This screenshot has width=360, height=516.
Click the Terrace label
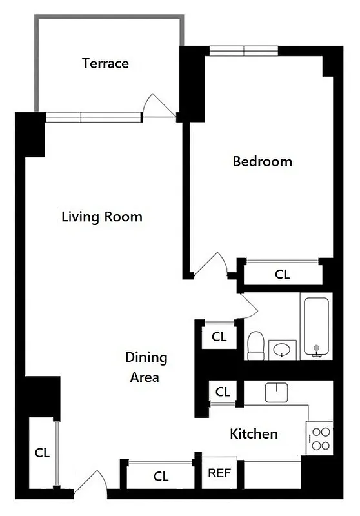point(105,63)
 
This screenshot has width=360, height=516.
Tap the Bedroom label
point(262,161)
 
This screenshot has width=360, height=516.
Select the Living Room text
point(101,217)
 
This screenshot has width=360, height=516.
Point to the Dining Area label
point(146,367)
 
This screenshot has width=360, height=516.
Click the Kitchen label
point(254,434)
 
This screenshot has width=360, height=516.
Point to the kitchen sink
point(275,392)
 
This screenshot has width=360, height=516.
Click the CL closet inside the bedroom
point(282,273)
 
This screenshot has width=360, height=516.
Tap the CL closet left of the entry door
point(42,452)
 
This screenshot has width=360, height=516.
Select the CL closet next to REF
point(161,477)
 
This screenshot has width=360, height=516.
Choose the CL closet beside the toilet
point(219,336)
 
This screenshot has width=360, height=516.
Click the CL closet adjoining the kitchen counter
point(222,392)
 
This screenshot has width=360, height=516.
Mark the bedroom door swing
point(211,265)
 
